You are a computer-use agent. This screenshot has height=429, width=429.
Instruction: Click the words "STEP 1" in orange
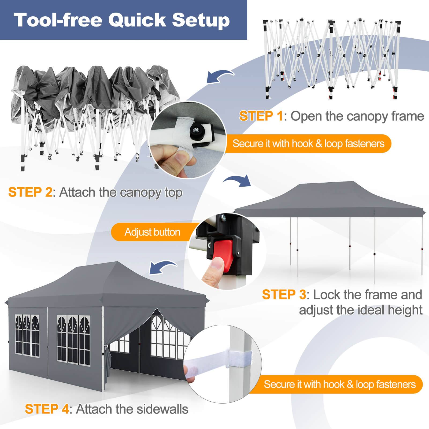261,116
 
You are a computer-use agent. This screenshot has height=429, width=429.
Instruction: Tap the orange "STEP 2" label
30,192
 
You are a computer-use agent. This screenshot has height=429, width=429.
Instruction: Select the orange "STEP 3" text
284,294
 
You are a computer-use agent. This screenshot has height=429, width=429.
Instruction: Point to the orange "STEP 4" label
47,409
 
